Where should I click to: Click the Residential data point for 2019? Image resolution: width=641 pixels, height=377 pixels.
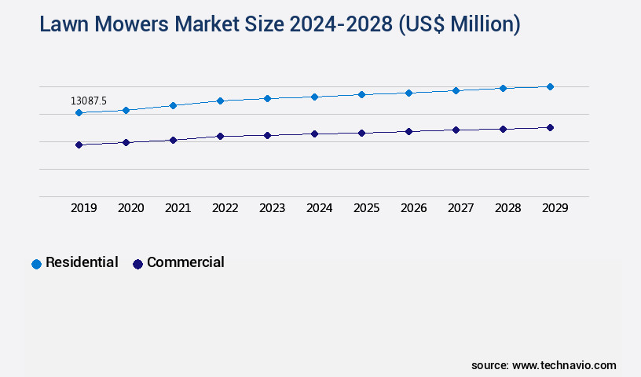pos(79,113)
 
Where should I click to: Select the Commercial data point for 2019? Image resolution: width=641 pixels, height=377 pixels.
pos(79,145)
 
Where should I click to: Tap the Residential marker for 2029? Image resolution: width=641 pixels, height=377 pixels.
pos(550,86)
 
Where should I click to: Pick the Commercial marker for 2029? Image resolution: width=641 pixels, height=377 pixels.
pos(550,127)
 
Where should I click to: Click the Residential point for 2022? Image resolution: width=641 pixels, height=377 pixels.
pos(220,101)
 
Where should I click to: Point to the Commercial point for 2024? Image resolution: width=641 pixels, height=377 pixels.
pos(314,134)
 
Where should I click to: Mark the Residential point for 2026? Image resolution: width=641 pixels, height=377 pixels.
pos(408,93)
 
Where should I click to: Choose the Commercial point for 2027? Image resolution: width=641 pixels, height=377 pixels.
pos(456,130)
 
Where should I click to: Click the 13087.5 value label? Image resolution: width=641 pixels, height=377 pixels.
pos(89,101)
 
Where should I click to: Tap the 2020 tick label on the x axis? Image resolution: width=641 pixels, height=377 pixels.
pos(131,208)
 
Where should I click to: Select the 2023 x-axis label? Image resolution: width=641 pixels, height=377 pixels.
pos(273,208)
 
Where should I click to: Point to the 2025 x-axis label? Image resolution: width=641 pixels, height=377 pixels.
pos(367,208)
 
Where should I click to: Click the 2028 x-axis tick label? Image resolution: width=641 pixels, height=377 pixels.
pos(508,208)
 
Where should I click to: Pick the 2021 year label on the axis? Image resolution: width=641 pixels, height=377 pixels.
pos(178,208)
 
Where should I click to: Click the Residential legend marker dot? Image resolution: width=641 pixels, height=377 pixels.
pos(36,264)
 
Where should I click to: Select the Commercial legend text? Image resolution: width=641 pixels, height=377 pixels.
pos(185,262)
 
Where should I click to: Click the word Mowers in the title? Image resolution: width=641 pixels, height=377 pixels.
pos(133,24)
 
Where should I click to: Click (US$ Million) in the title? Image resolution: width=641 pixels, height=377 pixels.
pos(460,24)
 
